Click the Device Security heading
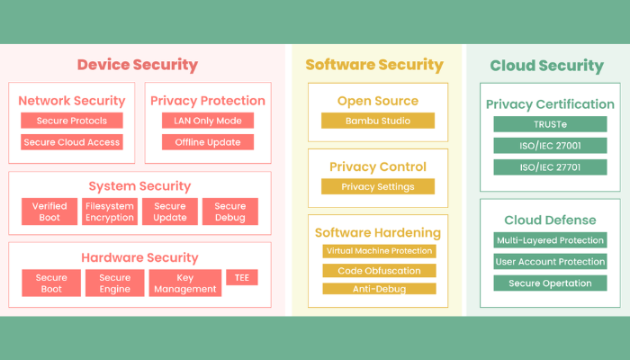(x=137, y=65)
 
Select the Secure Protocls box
(x=72, y=121)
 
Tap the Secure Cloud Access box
(x=72, y=142)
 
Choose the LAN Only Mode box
(x=208, y=121)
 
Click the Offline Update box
(x=208, y=142)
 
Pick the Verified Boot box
(x=49, y=211)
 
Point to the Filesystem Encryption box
(x=110, y=211)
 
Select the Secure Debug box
(x=229, y=211)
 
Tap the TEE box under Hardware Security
(x=241, y=278)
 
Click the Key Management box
(x=184, y=283)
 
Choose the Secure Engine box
(x=114, y=283)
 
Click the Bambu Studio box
(x=378, y=121)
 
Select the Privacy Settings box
(x=378, y=187)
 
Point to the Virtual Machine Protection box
(x=379, y=251)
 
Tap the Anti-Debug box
(x=379, y=289)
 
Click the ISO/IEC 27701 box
(x=549, y=167)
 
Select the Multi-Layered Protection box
(x=549, y=240)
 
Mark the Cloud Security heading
(x=546, y=66)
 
